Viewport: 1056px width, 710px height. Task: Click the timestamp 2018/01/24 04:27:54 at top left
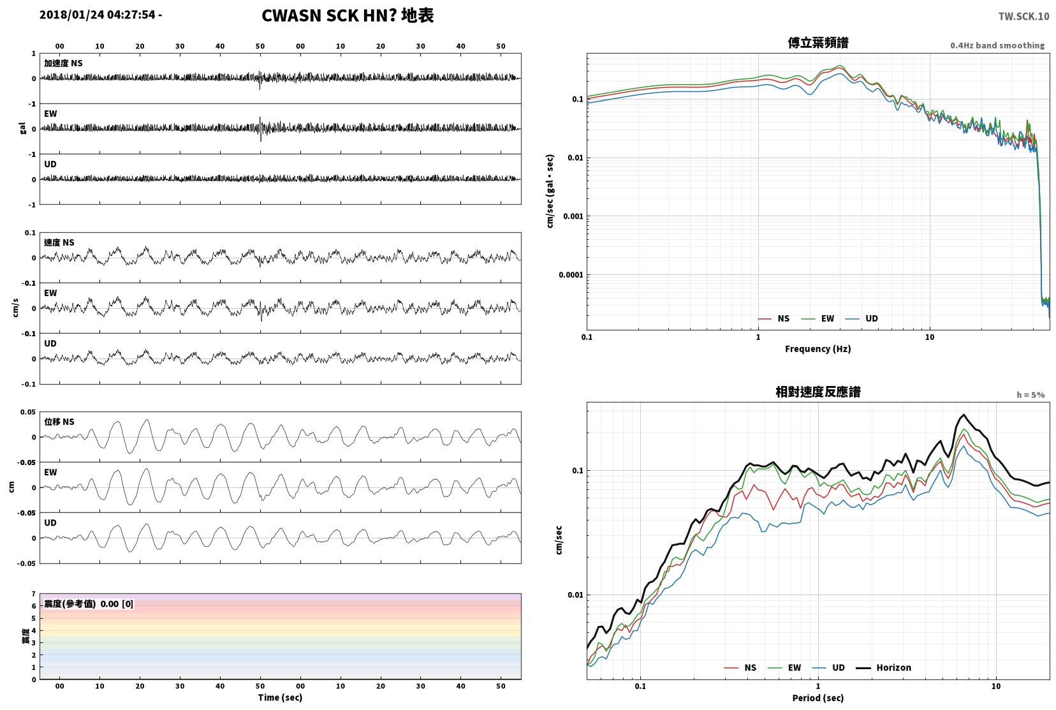click(98, 15)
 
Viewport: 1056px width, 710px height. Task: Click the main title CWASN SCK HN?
click(328, 15)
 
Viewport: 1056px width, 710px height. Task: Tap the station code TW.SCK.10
click(1023, 17)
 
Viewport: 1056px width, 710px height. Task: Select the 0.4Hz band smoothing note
click(997, 45)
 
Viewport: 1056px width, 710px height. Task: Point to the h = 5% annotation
click(1030, 395)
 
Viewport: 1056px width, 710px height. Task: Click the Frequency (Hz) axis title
click(818, 349)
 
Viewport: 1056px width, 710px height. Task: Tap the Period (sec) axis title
click(818, 698)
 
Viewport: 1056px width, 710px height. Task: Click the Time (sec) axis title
click(280, 697)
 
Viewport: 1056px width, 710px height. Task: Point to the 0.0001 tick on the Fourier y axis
click(571, 275)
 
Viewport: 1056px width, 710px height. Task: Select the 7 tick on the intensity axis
click(33, 594)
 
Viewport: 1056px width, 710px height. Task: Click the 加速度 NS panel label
click(63, 63)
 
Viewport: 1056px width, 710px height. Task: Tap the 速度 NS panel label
click(59, 242)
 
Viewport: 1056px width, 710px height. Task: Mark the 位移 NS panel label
click(59, 422)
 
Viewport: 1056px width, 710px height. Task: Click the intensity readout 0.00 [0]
click(117, 604)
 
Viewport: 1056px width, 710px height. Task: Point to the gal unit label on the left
click(22, 128)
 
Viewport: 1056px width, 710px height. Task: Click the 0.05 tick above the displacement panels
click(28, 412)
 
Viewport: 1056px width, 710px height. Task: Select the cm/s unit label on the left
click(15, 308)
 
